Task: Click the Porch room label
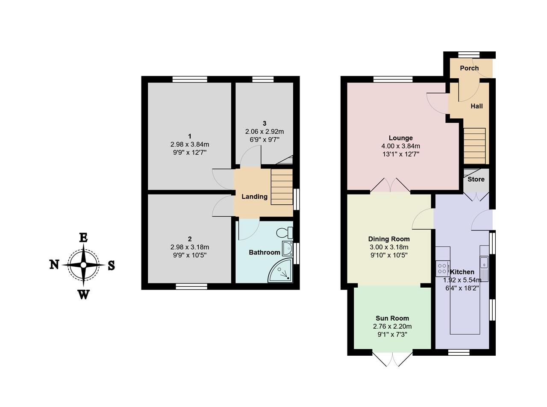click(469, 68)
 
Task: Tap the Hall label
click(476, 106)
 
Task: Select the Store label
click(476, 179)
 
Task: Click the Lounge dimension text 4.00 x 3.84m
click(401, 146)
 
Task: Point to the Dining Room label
click(389, 239)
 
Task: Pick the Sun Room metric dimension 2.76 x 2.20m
click(392, 326)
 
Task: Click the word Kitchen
click(462, 272)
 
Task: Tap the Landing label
click(255, 197)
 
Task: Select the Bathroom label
click(265, 252)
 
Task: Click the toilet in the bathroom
click(285, 233)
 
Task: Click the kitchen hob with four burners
click(443, 268)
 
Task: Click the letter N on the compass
click(54, 265)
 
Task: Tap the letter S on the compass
click(112, 265)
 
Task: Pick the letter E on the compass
click(83, 238)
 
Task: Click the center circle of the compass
click(83, 265)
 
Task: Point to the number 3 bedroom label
click(265, 123)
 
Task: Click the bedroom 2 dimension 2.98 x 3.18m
click(190, 247)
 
